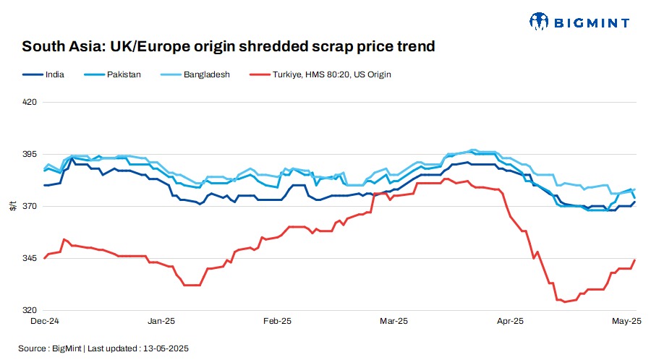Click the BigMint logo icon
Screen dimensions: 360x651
coord(540,22)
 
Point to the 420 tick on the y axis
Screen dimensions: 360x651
coord(30,103)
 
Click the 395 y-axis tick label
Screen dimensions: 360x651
coord(30,155)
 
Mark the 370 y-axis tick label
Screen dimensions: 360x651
coord(30,207)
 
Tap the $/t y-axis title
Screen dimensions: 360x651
coord(12,207)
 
